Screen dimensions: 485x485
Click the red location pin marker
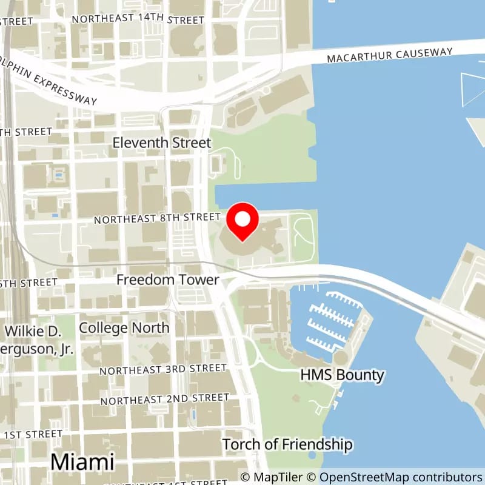(242, 222)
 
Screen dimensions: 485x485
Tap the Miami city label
(82, 461)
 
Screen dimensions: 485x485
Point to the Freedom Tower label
(167, 280)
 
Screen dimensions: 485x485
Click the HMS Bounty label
(343, 375)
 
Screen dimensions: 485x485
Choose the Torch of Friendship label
(287, 444)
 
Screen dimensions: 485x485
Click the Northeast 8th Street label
(158, 218)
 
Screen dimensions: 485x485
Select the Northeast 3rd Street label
(163, 369)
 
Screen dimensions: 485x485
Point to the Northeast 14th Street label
(138, 19)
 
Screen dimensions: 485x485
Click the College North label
(124, 328)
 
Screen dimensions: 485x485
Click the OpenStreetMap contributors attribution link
(401, 477)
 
